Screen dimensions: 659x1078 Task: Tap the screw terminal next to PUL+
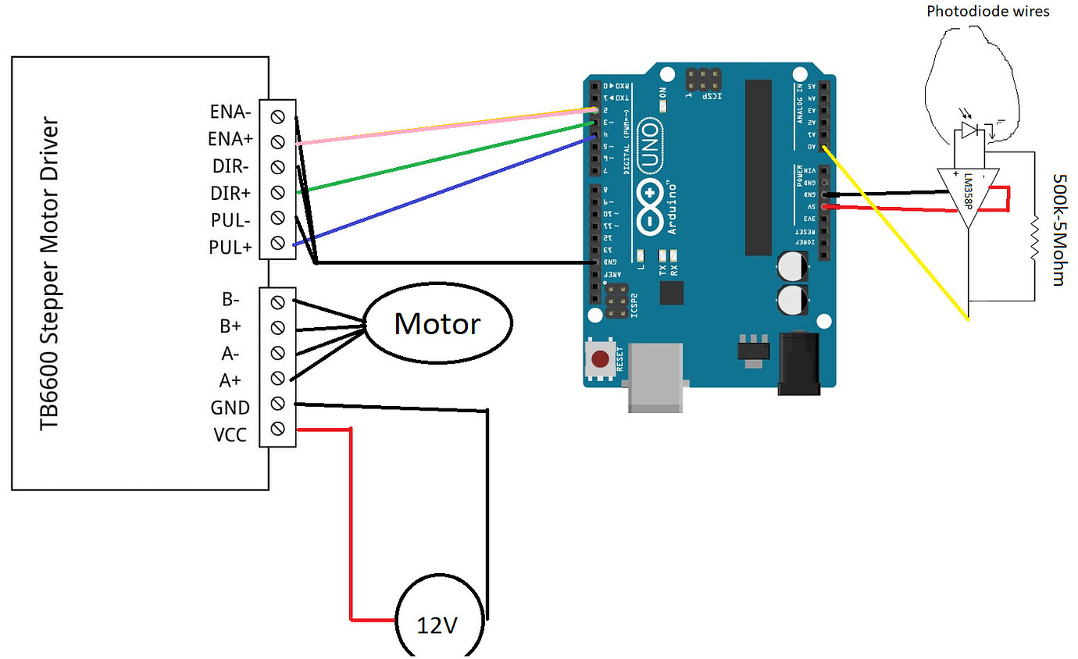277,243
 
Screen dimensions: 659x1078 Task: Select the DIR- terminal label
231,166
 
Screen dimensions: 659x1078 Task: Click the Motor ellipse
438,323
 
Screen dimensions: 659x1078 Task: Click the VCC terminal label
230,435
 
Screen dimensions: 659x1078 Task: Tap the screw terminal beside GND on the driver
277,403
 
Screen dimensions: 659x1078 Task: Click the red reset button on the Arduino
600,360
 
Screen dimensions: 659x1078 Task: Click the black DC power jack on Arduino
798,363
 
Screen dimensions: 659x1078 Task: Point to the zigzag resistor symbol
1034,240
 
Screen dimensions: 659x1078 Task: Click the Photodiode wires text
987,11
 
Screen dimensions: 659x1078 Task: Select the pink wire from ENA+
445,126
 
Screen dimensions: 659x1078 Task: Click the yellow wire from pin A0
898,234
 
